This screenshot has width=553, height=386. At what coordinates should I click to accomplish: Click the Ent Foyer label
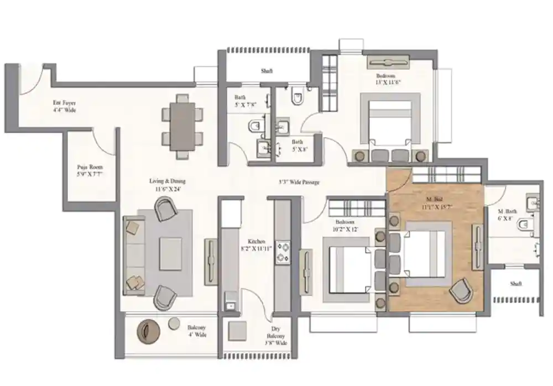tap(64, 106)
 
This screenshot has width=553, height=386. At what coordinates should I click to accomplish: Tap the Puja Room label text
tap(89, 171)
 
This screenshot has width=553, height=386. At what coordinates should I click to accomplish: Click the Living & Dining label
tap(167, 184)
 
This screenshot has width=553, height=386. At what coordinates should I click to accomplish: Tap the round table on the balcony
tap(149, 331)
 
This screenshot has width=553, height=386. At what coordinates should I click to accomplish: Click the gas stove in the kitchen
tap(283, 252)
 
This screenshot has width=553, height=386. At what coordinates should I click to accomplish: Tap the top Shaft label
tap(267, 71)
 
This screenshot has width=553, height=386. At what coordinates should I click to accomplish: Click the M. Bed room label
tap(435, 202)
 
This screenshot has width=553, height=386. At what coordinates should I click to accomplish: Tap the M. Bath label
tap(507, 214)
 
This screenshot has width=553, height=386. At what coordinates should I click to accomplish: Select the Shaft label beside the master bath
tap(515, 283)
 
